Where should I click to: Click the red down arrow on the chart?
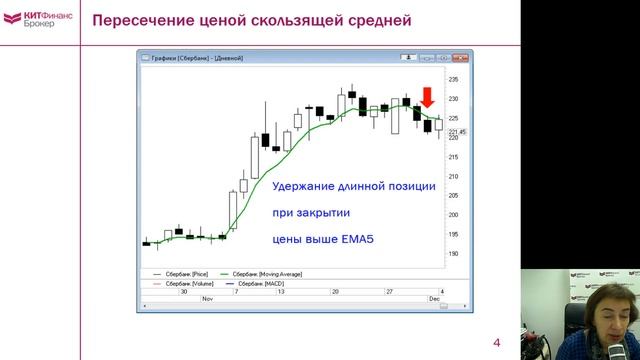tap(427, 98)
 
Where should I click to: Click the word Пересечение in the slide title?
tap(135, 22)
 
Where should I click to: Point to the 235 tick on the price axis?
tap(453, 79)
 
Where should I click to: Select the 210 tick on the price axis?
tap(453, 176)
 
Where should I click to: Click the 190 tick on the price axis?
tap(453, 253)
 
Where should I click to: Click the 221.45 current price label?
tap(456, 131)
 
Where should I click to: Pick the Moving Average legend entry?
tap(267, 273)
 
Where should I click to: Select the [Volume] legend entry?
tap(184, 283)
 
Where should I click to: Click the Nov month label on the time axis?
tap(207, 299)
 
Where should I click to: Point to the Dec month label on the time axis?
tap(434, 299)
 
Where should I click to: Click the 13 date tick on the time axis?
tap(282, 291)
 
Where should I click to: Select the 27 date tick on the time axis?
tap(391, 291)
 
